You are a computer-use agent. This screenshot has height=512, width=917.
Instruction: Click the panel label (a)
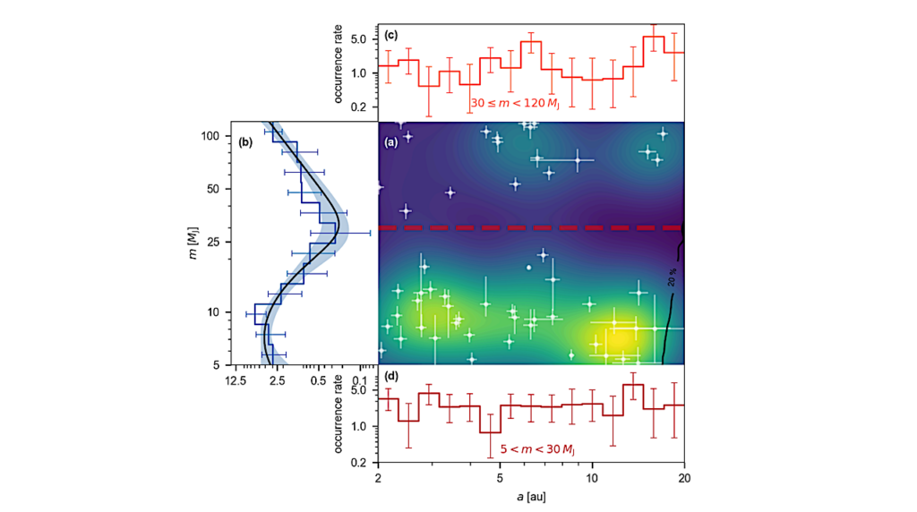[391, 142]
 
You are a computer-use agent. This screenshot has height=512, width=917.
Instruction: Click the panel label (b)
[243, 142]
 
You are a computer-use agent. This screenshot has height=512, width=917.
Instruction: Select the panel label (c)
[391, 36]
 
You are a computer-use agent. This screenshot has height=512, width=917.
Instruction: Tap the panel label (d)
[391, 376]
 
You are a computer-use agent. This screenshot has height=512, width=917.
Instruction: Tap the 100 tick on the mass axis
[211, 136]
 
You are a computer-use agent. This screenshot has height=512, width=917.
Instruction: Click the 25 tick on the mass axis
[215, 243]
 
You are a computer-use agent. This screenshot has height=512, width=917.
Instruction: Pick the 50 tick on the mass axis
[215, 189]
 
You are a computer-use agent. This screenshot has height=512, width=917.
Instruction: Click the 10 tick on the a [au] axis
[592, 478]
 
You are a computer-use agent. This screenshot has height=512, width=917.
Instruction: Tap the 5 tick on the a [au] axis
[500, 478]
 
